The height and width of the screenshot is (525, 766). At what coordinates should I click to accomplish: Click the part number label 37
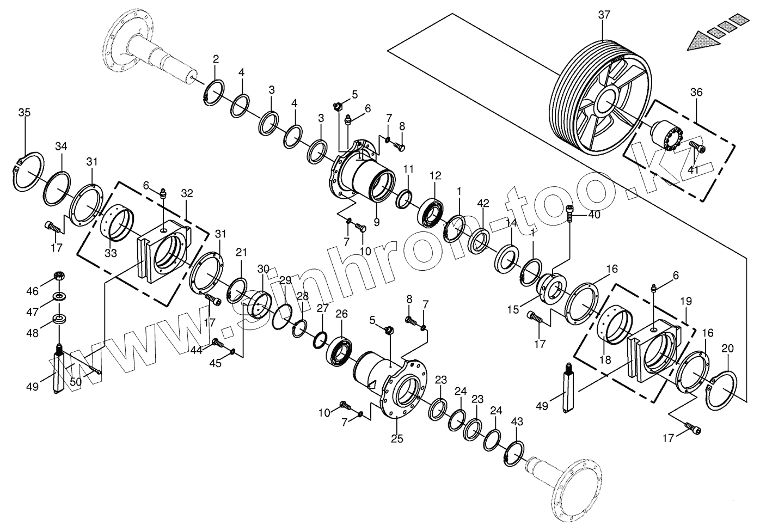click(x=604, y=15)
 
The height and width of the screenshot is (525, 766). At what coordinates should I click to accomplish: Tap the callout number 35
click(x=24, y=113)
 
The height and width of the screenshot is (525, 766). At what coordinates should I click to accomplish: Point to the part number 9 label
click(x=377, y=222)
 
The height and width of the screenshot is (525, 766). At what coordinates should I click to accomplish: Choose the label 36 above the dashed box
click(x=696, y=92)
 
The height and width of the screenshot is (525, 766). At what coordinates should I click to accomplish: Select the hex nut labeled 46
click(x=58, y=277)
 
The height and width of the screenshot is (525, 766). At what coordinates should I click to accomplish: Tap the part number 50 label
click(x=76, y=382)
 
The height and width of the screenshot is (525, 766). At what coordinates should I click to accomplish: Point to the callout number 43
click(x=517, y=422)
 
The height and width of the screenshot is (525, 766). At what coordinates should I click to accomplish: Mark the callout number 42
click(x=483, y=204)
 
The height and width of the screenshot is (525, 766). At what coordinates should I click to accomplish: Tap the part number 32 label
click(x=187, y=193)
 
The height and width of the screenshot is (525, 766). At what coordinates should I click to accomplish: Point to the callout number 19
click(x=685, y=301)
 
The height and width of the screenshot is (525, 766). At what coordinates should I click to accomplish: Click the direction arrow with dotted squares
click(x=714, y=35)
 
